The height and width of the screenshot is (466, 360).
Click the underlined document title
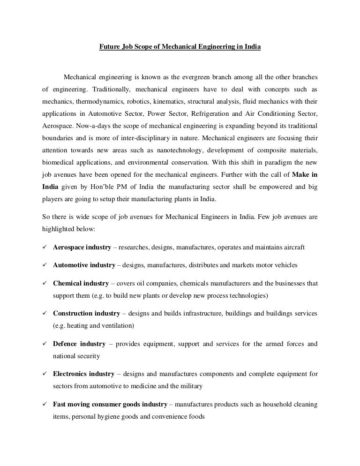click(180, 47)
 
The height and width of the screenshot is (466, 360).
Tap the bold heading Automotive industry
click(84, 265)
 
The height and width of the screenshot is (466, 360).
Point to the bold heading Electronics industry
click(83, 374)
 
